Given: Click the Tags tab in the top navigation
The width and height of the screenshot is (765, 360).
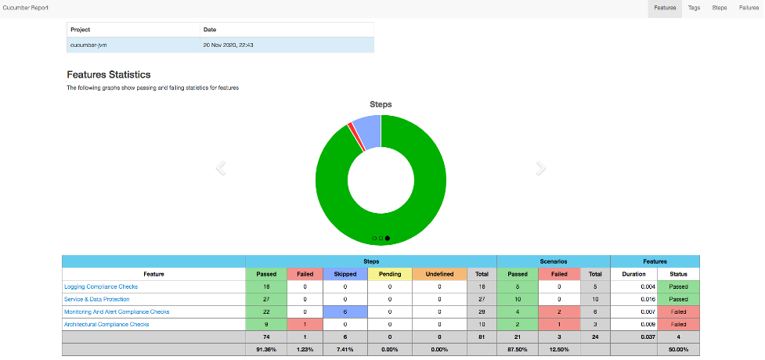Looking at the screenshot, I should point(694,8).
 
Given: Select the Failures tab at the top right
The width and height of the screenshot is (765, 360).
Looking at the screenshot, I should point(749,8).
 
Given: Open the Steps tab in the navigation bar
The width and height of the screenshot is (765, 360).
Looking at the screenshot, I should point(719,8).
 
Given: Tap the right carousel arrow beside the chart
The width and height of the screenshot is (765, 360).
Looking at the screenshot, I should point(540,168).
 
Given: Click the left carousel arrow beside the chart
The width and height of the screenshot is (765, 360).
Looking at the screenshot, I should point(221,168).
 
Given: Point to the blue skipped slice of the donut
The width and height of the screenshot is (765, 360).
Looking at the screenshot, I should point(367,129).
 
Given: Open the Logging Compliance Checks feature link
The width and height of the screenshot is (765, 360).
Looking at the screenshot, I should point(101,286).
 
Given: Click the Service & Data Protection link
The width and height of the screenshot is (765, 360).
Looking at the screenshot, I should point(97,299).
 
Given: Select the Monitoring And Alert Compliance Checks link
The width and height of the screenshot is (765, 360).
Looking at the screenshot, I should point(117,311).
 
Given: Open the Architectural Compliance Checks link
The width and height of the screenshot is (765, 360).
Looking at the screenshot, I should point(106,324).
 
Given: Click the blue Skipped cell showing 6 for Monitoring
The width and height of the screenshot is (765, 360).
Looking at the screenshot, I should point(345,311).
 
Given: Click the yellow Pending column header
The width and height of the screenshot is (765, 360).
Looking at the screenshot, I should point(390,274).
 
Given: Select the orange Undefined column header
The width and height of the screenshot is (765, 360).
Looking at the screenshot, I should point(439,274).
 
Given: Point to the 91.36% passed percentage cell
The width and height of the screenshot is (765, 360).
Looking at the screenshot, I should point(266,349).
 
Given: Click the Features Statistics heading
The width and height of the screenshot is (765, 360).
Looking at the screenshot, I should point(109,74).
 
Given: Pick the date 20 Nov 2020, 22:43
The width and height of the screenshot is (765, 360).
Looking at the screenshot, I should point(229,45).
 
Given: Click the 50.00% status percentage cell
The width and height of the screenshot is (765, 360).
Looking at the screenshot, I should point(677,349).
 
